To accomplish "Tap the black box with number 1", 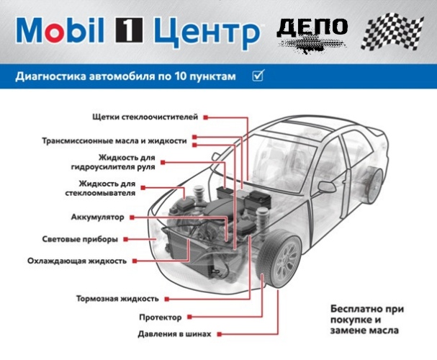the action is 130,30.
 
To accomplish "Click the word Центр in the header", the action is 207,32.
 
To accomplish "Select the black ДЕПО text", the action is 312,28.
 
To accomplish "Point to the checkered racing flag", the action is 392,32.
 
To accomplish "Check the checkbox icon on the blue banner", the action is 258,75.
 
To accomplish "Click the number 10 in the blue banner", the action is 180,76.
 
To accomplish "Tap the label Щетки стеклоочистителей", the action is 145,117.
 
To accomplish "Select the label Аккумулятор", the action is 97,217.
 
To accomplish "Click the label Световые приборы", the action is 80,239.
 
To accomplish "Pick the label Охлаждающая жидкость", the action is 77,261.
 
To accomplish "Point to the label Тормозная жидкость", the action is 117,299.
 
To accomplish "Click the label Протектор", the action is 161,318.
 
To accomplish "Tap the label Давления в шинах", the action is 174,334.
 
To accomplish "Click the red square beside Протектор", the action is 189,317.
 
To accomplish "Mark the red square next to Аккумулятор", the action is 132,217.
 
